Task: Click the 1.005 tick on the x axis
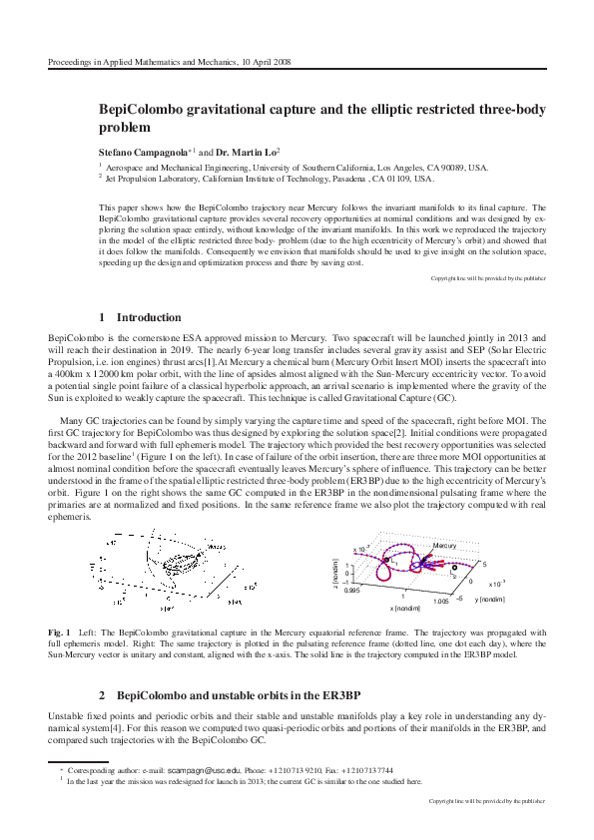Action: [443, 602]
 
